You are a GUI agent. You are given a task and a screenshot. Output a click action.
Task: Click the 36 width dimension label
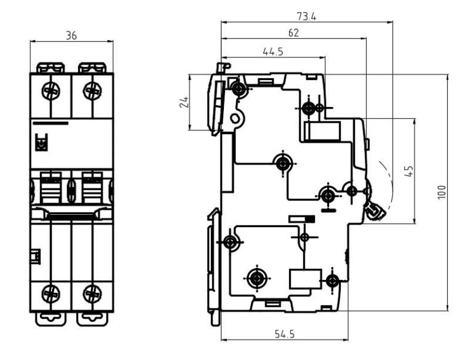[71, 36]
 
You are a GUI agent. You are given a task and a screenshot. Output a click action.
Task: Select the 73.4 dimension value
[306, 17]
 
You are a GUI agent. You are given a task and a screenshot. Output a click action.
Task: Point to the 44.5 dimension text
[272, 52]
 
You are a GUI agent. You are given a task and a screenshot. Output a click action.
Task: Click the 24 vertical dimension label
[183, 102]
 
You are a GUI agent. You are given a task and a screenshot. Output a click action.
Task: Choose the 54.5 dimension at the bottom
[283, 334]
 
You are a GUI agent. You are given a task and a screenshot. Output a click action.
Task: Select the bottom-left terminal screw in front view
[51, 292]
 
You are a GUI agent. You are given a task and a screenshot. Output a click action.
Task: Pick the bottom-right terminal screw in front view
[92, 292]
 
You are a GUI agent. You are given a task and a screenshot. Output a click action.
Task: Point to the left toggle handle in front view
[50, 187]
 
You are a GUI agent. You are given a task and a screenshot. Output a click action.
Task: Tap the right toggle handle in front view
[92, 187]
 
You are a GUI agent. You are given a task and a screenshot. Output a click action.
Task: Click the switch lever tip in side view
[375, 211]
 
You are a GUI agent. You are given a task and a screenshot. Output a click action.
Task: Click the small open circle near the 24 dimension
[234, 118]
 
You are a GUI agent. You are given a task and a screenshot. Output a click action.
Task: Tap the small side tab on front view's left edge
[35, 255]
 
